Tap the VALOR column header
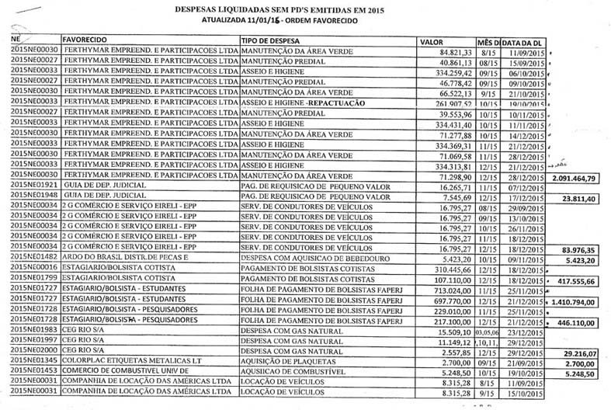[431, 40]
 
